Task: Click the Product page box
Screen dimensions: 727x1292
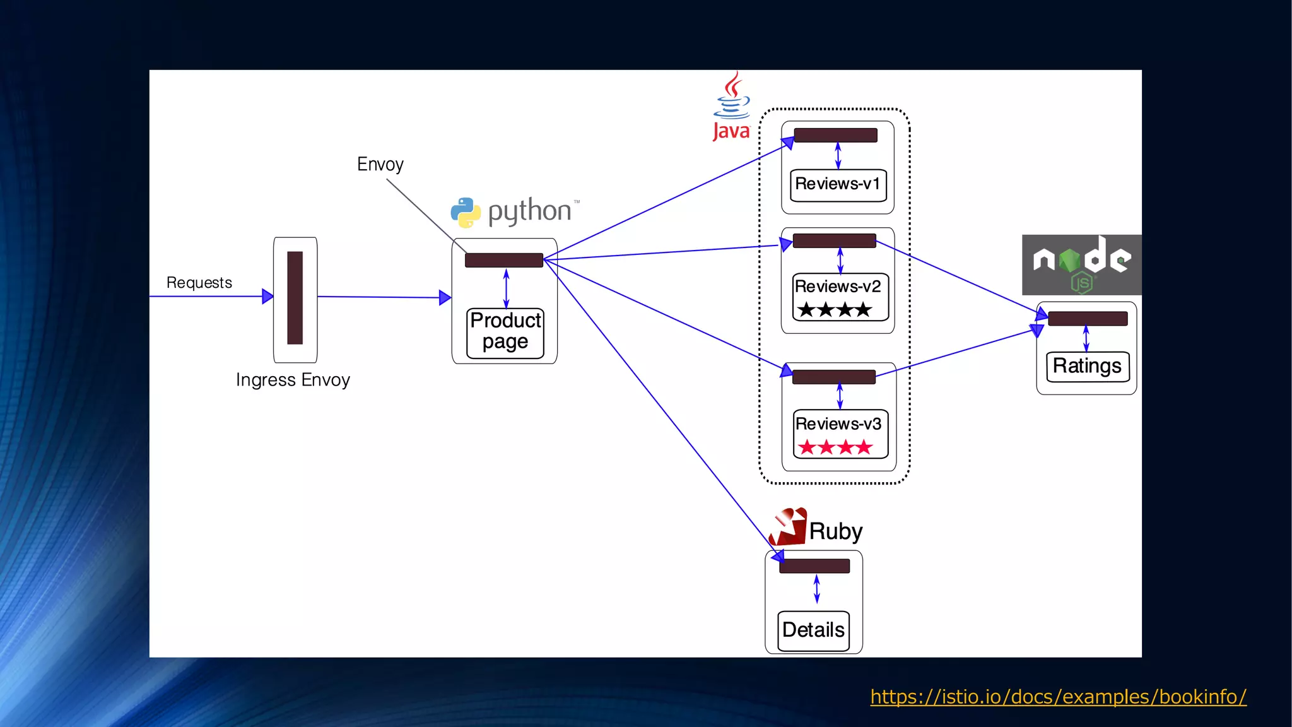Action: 505,333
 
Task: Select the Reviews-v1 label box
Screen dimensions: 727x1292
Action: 838,185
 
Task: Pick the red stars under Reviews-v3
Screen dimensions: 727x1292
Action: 835,447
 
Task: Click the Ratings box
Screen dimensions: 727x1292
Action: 1087,367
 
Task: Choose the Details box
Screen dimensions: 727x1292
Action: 813,630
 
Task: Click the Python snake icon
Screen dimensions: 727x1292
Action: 466,213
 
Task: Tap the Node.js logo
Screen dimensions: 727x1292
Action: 1081,264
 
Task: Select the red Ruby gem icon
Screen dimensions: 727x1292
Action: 789,527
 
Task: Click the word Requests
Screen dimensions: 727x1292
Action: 199,283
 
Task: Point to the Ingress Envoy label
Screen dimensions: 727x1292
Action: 293,380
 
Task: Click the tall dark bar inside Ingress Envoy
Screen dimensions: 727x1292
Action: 295,298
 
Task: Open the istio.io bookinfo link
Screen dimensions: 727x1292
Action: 1058,697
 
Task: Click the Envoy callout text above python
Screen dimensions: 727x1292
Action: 380,165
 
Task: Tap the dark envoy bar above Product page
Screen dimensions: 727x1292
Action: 503,260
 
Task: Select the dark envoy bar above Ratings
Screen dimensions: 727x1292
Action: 1088,319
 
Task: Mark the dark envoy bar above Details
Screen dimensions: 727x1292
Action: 814,566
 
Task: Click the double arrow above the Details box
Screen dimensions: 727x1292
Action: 817,589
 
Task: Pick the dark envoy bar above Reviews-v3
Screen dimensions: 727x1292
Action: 833,377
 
